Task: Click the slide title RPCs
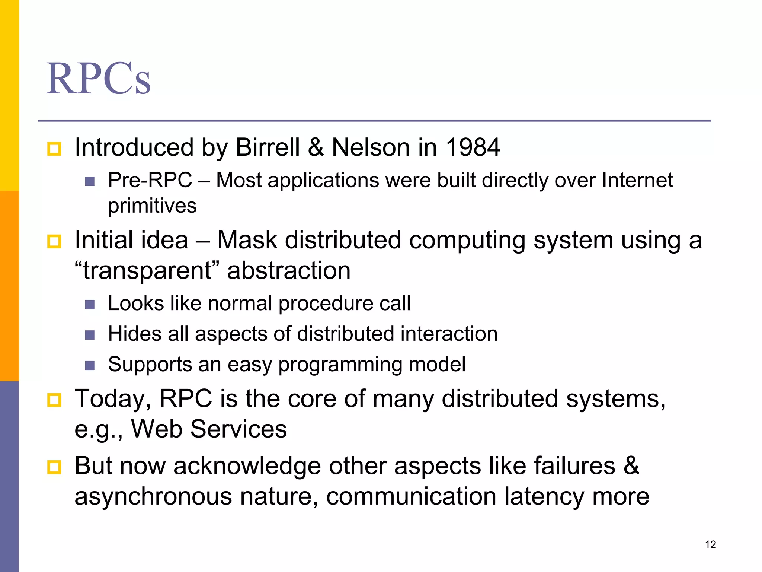pos(99,79)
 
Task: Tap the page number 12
pos(710,544)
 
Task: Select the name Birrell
pos(268,147)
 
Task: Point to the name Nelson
pos(371,147)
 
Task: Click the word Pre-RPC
pos(150,181)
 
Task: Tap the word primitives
pos(152,206)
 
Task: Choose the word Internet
pos(637,181)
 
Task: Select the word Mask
pos(247,240)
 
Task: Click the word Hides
pos(135,334)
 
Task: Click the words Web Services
pos(209,429)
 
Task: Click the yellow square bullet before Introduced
pos(54,149)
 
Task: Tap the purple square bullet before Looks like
pos(90,305)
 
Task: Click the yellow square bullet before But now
pos(54,467)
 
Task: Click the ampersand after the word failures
pos(631,466)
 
